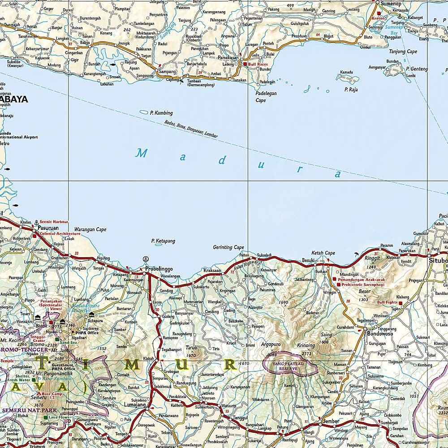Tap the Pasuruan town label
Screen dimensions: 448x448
(x=46, y=228)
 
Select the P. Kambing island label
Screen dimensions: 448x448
(x=161, y=113)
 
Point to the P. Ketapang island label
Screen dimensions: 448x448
(x=163, y=241)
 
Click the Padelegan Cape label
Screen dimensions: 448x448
(x=267, y=97)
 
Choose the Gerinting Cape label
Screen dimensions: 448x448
(x=228, y=247)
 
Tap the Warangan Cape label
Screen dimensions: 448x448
(x=90, y=229)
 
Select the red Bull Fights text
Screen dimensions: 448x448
(x=388, y=302)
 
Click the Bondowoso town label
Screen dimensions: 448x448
(x=380, y=334)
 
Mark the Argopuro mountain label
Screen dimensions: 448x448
(x=271, y=345)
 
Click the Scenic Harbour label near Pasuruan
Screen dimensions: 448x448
(x=54, y=222)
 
